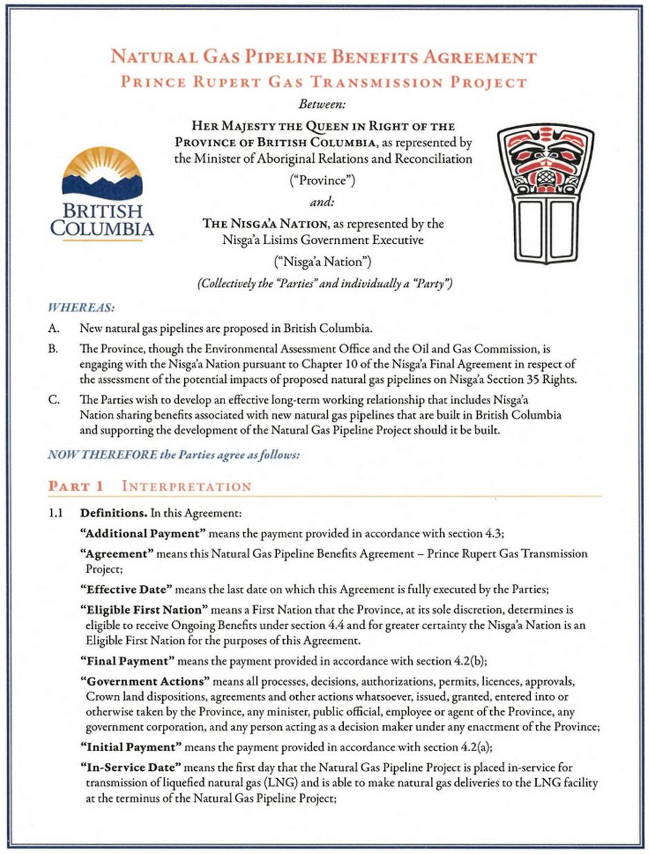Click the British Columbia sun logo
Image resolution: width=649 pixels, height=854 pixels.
point(101,172)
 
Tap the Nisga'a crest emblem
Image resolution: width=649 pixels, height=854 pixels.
point(545,194)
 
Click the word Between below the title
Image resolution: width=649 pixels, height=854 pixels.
point(324,105)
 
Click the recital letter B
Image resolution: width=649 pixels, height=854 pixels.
point(52,349)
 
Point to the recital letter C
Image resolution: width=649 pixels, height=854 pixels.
point(52,398)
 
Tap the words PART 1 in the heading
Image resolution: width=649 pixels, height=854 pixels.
point(75,486)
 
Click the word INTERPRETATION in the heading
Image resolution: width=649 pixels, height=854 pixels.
point(186,486)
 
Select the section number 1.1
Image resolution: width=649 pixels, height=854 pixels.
point(55,513)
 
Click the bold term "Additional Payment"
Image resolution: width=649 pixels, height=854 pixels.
point(143,533)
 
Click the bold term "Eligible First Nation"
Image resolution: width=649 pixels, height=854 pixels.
point(144,610)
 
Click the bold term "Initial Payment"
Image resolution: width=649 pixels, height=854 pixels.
point(130,747)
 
